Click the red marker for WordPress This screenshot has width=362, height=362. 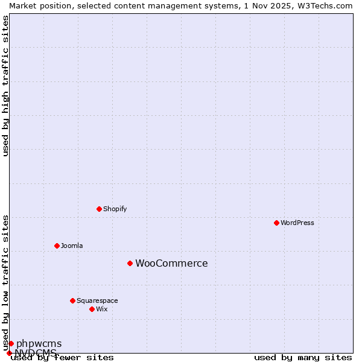pyautogui.click(x=276, y=223)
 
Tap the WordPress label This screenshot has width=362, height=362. pyautogui.click(x=297, y=223)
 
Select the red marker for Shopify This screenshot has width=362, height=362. pyautogui.click(x=99, y=209)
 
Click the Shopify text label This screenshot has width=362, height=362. pyautogui.click(x=115, y=209)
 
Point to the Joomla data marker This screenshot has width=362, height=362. pyautogui.click(x=57, y=246)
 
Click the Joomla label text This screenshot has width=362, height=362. pyautogui.click(x=72, y=246)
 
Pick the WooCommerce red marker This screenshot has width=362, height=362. pyautogui.click(x=130, y=263)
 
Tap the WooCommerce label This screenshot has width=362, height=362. pyautogui.click(x=171, y=263)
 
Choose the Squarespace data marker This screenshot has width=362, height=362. pyautogui.click(x=72, y=300)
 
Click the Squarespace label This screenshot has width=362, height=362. pyautogui.click(x=97, y=300)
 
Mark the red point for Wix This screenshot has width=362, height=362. pyautogui.click(x=92, y=309)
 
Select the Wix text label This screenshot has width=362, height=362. pyautogui.click(x=101, y=309)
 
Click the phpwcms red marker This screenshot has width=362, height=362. pyautogui.click(x=11, y=343)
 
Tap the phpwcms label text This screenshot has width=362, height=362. pyautogui.click(x=39, y=344)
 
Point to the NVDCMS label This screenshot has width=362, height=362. pyautogui.click(x=36, y=352)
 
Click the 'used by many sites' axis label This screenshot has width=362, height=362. pyautogui.click(x=303, y=358)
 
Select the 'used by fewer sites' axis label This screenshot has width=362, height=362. pyautogui.click(x=62, y=358)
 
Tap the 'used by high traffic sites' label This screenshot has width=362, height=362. pyautogui.click(x=5, y=86)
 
